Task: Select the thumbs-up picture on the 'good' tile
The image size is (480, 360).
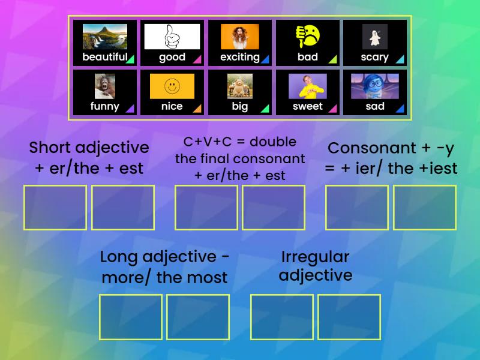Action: point(172,37)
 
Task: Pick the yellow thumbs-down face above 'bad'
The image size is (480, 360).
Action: point(308,36)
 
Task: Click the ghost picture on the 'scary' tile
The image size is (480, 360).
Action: point(375,37)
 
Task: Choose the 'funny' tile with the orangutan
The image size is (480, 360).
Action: point(105,92)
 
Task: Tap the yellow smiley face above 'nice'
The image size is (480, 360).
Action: point(172,86)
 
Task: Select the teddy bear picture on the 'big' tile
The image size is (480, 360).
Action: point(240,86)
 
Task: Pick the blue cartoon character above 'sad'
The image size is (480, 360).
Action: point(375,86)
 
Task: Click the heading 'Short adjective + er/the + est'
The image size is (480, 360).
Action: point(89,158)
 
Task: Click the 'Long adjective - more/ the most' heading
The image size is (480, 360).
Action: point(164,267)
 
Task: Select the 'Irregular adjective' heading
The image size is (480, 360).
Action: point(316,266)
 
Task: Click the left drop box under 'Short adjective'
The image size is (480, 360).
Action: point(55,208)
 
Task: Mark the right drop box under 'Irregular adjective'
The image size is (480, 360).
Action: point(349,317)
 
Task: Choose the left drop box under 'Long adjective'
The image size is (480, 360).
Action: point(131,317)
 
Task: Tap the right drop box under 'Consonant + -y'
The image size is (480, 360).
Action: point(425,208)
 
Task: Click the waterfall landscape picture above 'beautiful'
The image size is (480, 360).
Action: point(105,37)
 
